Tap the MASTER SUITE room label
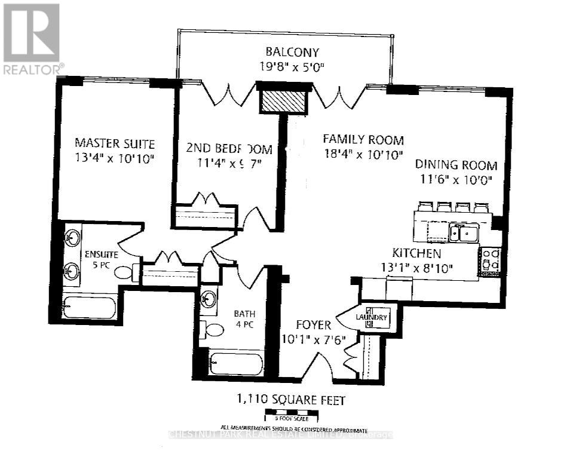click(x=115, y=144)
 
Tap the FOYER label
click(x=314, y=325)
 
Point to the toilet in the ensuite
click(x=124, y=273)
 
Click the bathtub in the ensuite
click(x=90, y=308)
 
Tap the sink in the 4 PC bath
click(x=209, y=299)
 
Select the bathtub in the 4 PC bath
click(x=235, y=364)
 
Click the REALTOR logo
click(x=32, y=39)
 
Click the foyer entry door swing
click(x=323, y=364)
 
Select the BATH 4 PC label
click(x=244, y=319)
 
